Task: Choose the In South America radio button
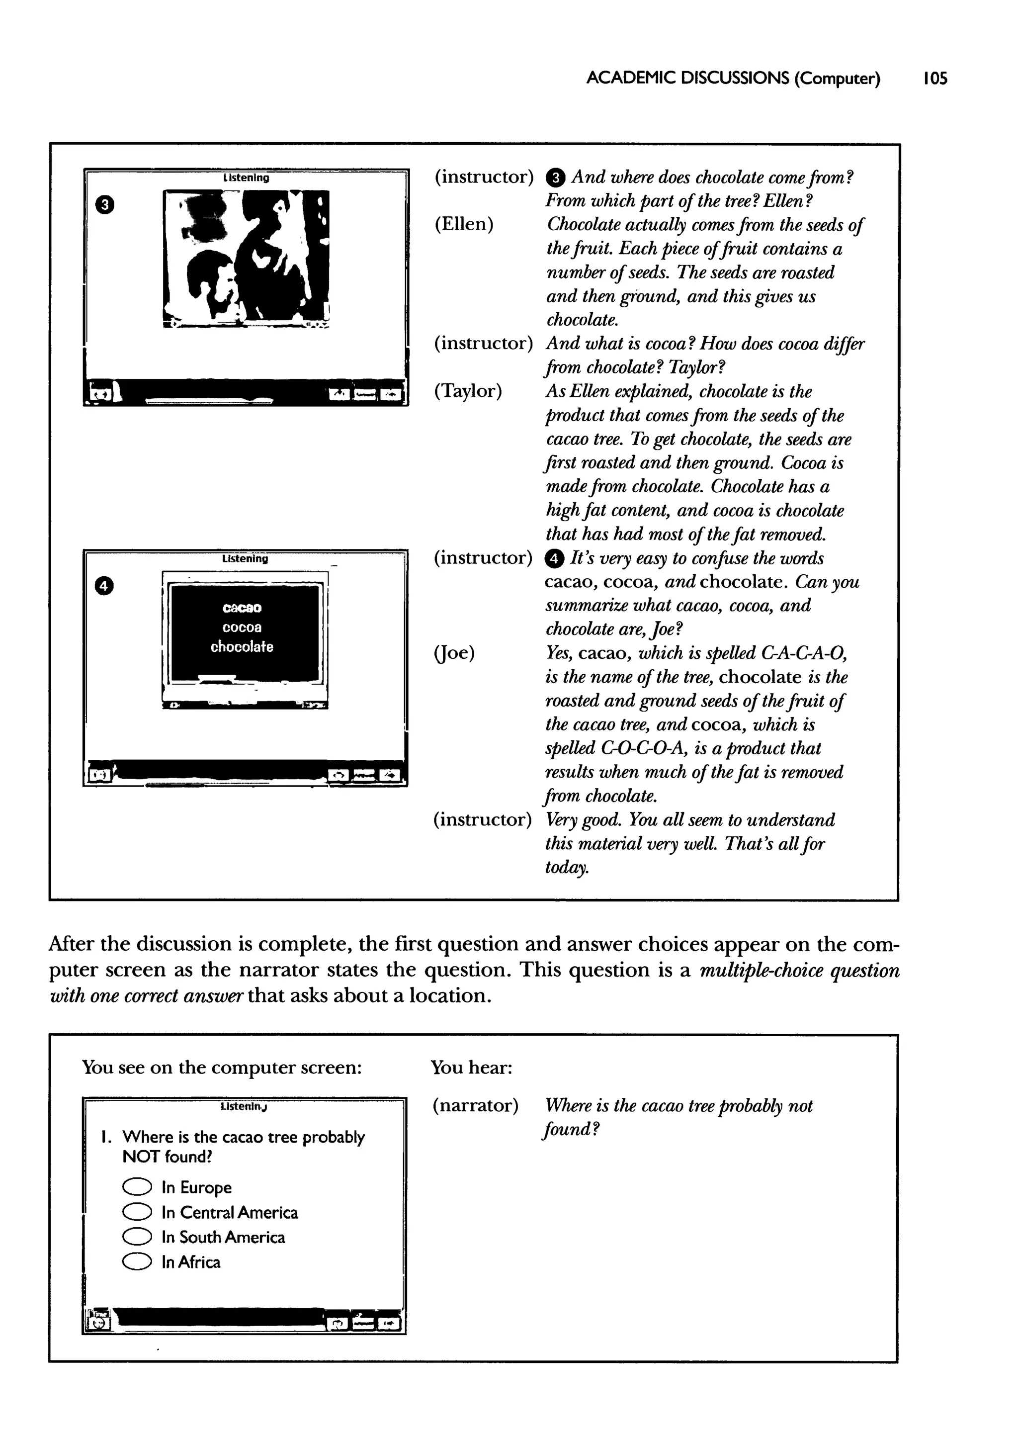pos(137,1237)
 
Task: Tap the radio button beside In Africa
pos(137,1262)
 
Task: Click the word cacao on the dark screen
pos(242,608)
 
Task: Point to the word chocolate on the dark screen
pos(242,646)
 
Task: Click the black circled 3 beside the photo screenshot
pos(105,204)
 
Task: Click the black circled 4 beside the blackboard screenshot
pos(104,586)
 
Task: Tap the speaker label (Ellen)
pos(464,224)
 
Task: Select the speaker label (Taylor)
pos(468,390)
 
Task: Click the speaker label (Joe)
pos(454,653)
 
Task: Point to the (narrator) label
pos(475,1105)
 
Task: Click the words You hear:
pos(471,1067)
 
